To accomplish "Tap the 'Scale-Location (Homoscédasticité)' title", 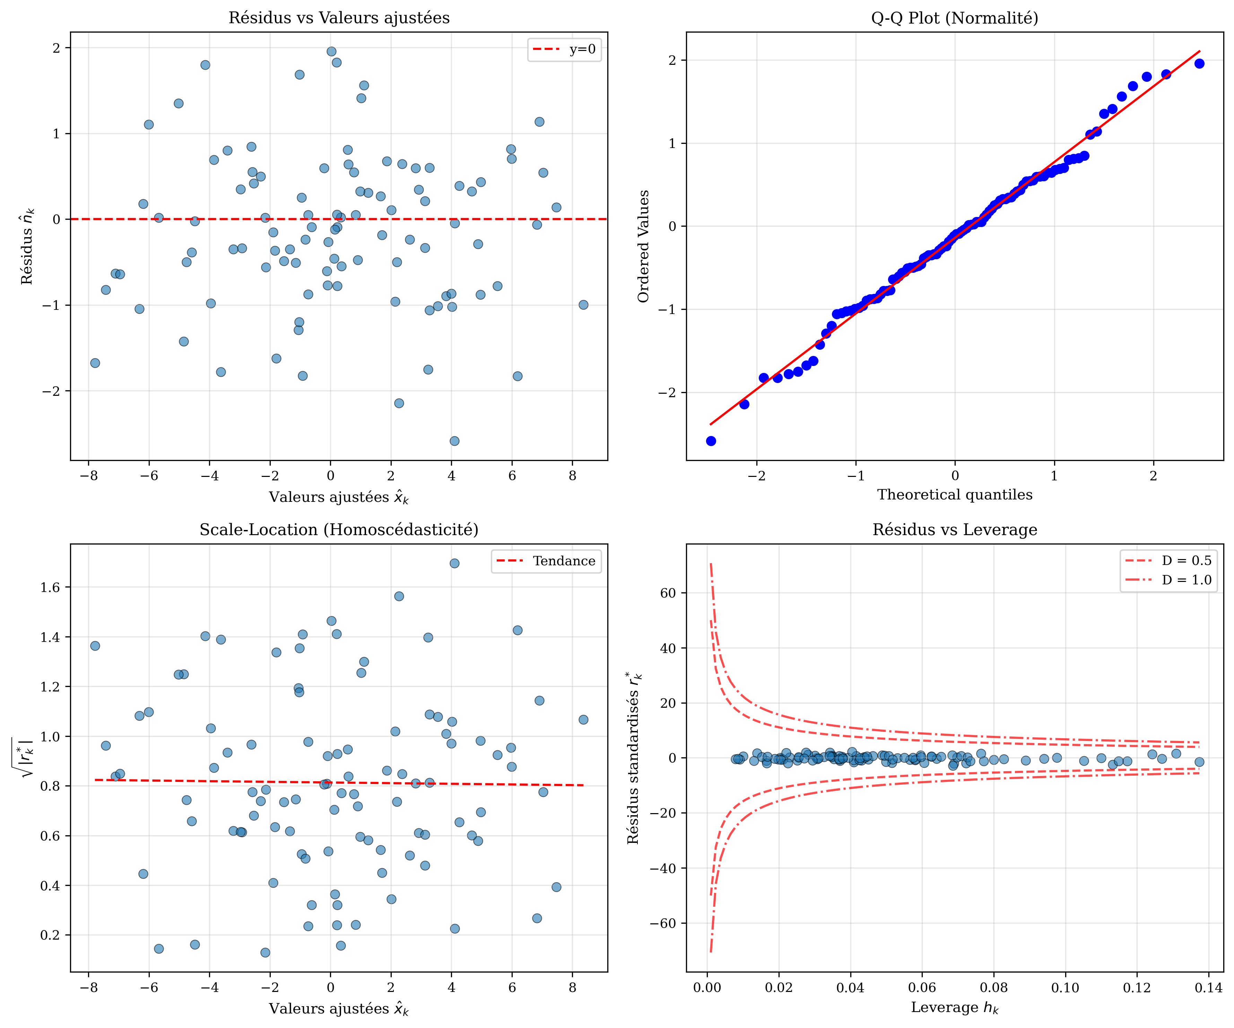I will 339,530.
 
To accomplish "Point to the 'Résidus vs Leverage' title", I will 954,530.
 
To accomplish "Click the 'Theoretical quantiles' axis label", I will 954,495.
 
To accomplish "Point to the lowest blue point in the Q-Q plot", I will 711,441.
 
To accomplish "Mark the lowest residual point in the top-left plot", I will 454,441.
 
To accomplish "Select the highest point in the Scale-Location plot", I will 454,563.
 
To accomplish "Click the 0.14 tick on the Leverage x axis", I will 1208,987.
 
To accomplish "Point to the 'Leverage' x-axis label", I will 954,1008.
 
